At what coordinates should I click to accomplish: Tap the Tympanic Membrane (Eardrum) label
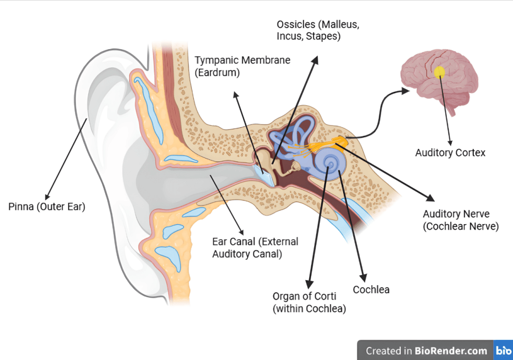tap(242, 66)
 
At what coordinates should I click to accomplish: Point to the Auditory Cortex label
tap(450, 152)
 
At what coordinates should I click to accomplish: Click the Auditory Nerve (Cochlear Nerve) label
tap(460, 220)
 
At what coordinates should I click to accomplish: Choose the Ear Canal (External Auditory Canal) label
tap(255, 248)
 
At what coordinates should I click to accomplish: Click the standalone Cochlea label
tap(371, 290)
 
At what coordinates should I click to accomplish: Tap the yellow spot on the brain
tap(439, 72)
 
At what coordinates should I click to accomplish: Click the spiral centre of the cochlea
tap(330, 162)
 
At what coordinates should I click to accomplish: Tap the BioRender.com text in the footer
tap(451, 350)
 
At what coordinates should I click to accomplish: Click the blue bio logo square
tap(502, 350)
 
